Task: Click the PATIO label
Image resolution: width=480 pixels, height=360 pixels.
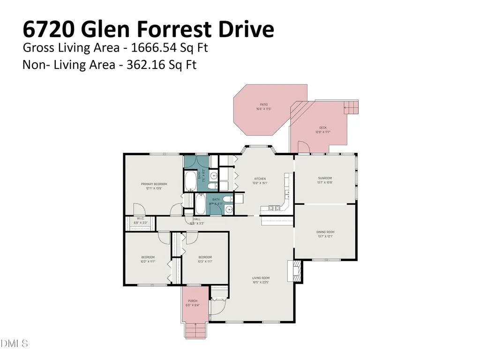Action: [x=264, y=105]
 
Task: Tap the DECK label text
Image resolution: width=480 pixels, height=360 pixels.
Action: [x=323, y=127]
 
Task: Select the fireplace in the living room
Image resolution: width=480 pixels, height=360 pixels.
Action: [x=296, y=271]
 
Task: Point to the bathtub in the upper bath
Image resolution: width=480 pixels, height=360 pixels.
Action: [x=190, y=181]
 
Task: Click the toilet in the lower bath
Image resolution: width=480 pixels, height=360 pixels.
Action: [x=227, y=200]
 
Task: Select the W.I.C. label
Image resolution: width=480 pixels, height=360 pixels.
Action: [x=141, y=218]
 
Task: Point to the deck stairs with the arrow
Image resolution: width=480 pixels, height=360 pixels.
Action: [x=351, y=107]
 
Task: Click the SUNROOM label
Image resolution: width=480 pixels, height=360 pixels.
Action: [x=325, y=178]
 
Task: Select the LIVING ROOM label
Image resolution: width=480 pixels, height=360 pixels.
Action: [x=261, y=278]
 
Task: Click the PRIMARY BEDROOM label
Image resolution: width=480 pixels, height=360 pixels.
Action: [x=154, y=184]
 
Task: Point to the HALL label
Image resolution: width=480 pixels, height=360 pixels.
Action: [x=197, y=219]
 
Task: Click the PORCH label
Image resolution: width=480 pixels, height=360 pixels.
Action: [x=193, y=301]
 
